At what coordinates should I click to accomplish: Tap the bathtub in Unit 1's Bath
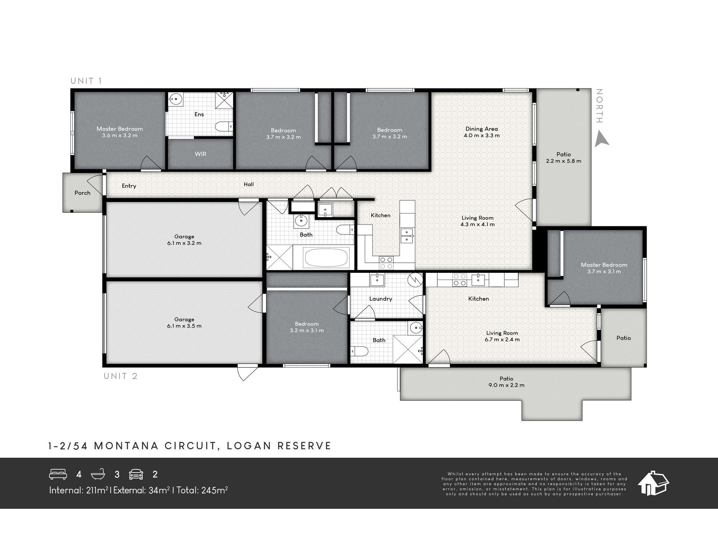click(x=326, y=257)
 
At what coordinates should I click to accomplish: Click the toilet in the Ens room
click(x=224, y=127)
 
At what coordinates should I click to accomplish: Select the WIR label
click(x=200, y=154)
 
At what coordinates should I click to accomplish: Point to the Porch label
click(x=82, y=193)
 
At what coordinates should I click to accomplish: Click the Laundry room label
click(x=381, y=299)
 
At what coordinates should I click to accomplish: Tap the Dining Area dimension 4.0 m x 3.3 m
click(x=481, y=135)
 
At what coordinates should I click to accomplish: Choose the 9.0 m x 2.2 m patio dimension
click(x=506, y=385)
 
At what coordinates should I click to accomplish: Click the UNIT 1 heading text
click(x=86, y=81)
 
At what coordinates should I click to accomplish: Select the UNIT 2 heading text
click(x=121, y=376)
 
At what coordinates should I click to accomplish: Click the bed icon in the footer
click(x=58, y=474)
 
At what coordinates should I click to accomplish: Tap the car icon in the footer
click(x=136, y=474)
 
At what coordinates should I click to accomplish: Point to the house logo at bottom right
click(x=653, y=483)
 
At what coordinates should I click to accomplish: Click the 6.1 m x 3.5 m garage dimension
click(x=184, y=326)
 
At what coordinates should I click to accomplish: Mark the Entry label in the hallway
click(x=129, y=186)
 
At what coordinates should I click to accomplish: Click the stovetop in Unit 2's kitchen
click(x=459, y=280)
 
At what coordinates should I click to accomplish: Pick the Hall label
click(x=249, y=184)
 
